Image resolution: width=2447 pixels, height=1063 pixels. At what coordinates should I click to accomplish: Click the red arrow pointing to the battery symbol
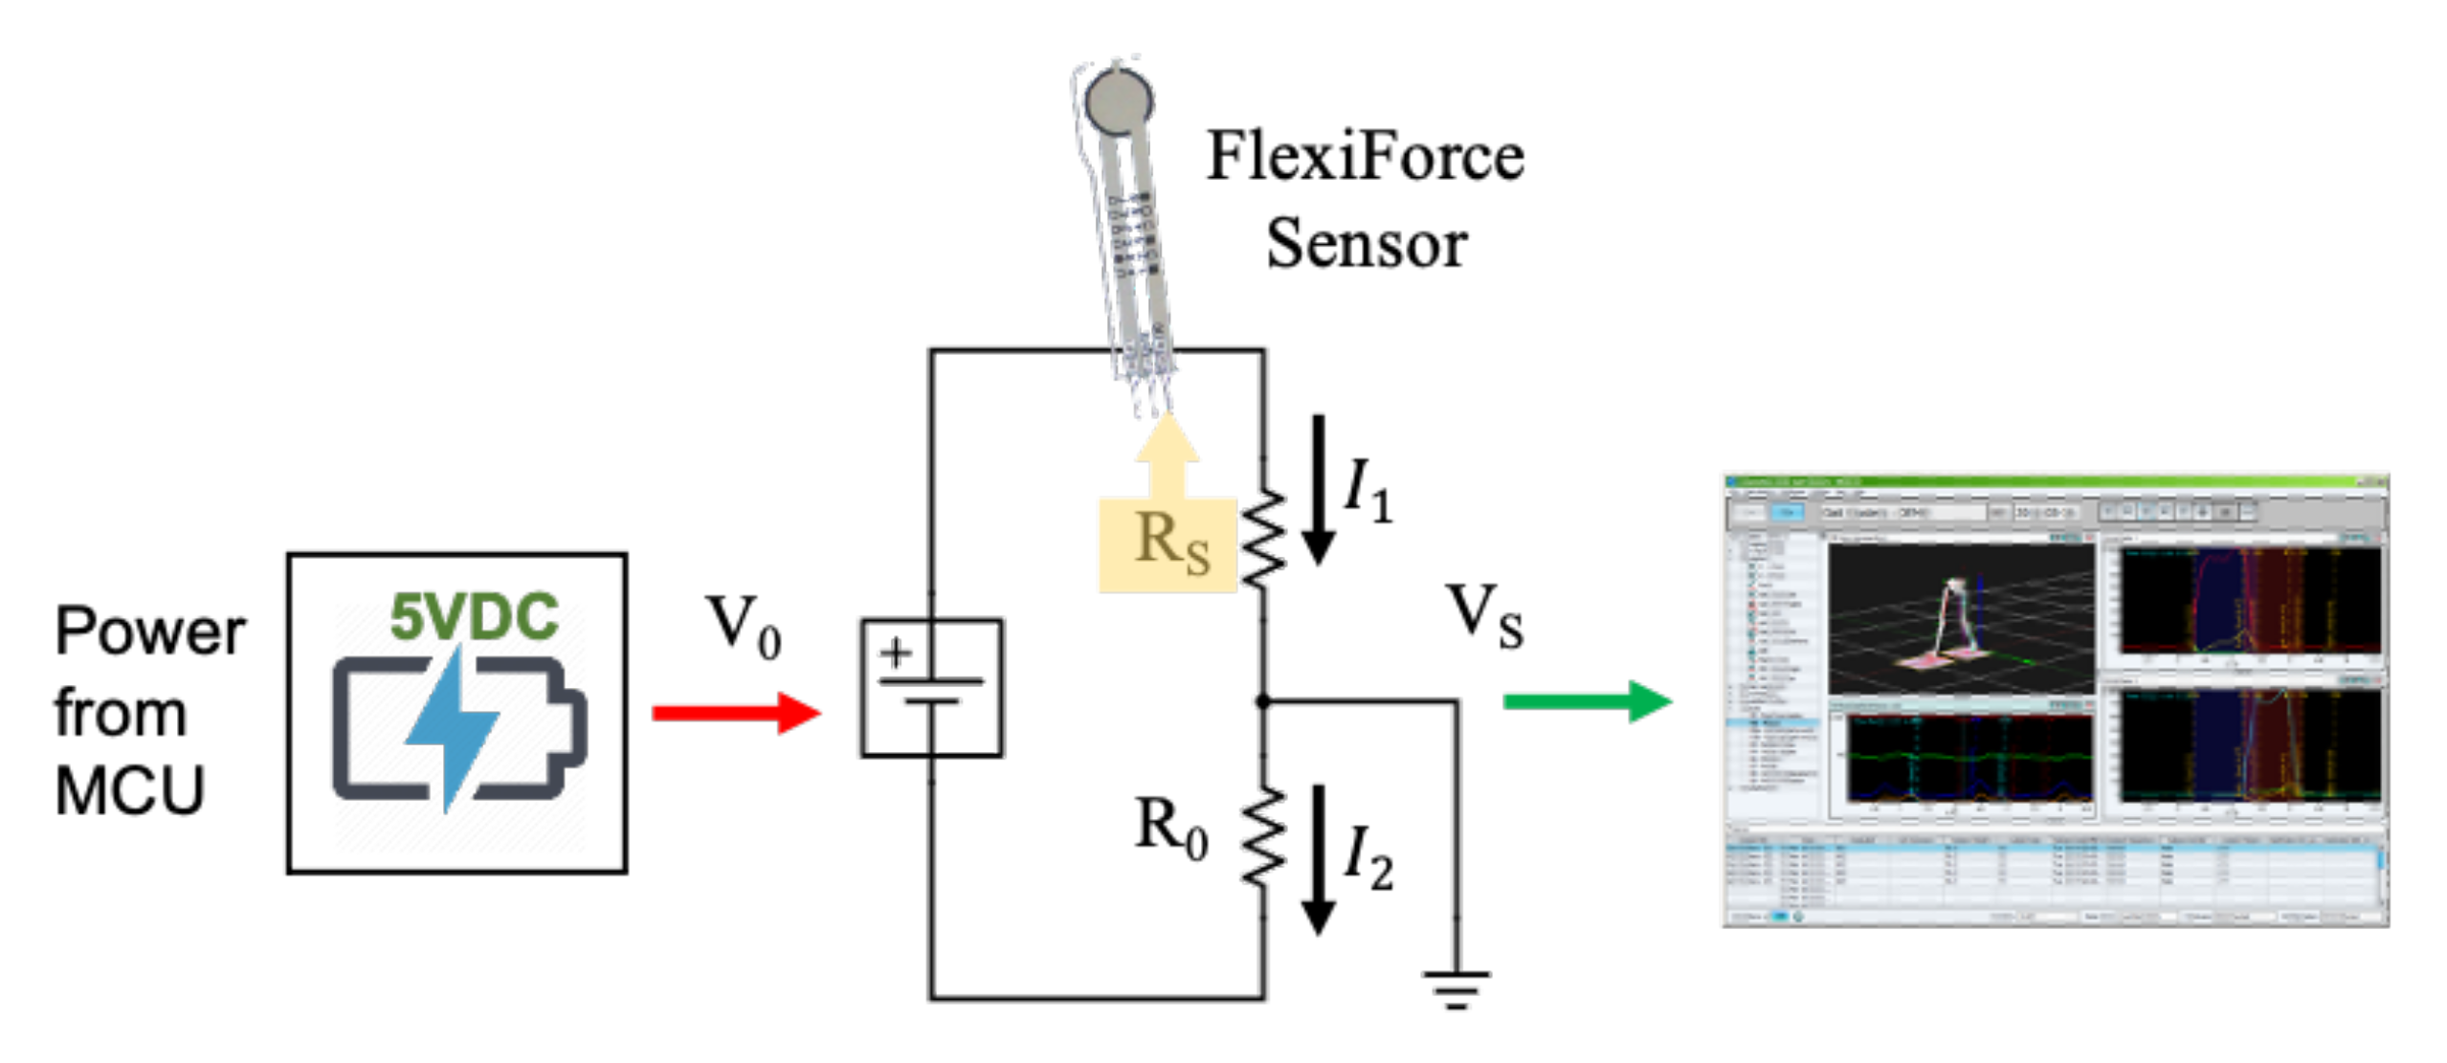pos(735,713)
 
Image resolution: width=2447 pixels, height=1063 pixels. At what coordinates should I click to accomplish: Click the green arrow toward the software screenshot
pos(1586,701)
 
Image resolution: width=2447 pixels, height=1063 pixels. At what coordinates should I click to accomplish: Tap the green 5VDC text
pos(474,617)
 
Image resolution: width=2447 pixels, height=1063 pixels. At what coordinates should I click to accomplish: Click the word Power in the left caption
pos(150,632)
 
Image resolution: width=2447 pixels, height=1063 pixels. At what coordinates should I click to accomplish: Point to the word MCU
pos(130,791)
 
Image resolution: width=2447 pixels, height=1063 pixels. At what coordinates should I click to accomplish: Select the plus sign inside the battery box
pos(896,653)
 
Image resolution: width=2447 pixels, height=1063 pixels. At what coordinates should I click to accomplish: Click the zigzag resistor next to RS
pos(1263,538)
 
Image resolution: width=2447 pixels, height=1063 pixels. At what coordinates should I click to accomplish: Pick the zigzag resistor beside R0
pos(1263,836)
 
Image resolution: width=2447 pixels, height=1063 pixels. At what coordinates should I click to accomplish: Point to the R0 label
pos(1170,828)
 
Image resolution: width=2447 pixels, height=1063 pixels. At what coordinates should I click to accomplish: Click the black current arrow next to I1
pos(1319,488)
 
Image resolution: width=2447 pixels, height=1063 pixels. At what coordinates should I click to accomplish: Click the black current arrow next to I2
pos(1319,858)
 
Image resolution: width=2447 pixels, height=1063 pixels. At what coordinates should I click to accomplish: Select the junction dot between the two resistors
pos(1263,701)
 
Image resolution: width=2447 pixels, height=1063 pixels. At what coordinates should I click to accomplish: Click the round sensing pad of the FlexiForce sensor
pos(1118,100)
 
